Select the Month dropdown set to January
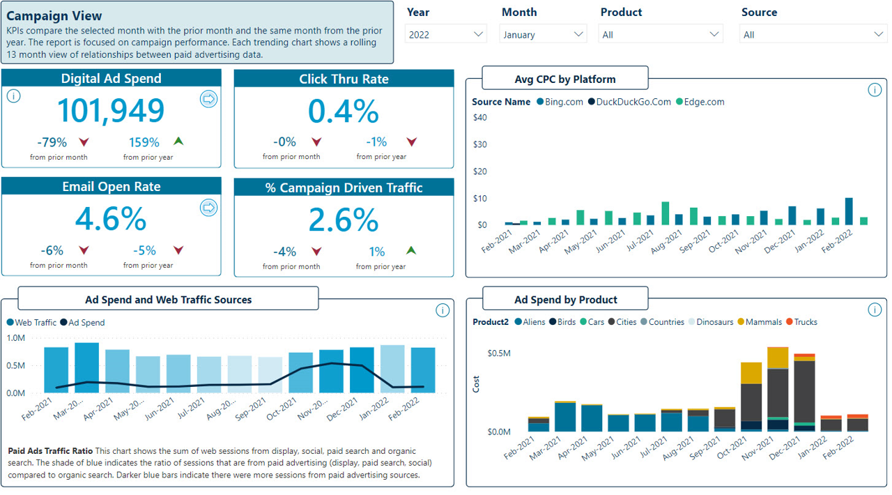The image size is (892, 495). [x=542, y=34]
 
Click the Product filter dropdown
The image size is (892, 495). [x=659, y=34]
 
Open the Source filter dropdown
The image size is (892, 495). [x=813, y=34]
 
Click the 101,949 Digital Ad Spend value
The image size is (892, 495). [x=111, y=110]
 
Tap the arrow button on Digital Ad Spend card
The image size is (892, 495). [x=208, y=99]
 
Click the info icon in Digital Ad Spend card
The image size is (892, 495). [x=13, y=96]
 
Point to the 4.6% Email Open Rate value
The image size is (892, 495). [x=111, y=219]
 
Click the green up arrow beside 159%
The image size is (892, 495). [x=178, y=142]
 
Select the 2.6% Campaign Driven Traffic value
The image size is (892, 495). [x=344, y=220]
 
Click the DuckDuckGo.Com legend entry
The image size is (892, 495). [x=629, y=102]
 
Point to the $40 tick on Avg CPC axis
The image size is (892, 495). [x=479, y=117]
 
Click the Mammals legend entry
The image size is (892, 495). [x=759, y=322]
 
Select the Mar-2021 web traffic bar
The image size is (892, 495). [x=86, y=367]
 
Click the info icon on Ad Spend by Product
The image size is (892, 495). [x=875, y=310]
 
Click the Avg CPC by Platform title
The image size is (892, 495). [x=564, y=79]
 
